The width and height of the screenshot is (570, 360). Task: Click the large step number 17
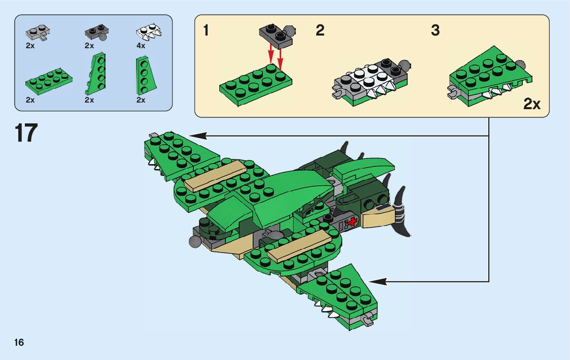click(26, 133)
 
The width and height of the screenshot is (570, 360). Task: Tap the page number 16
click(19, 342)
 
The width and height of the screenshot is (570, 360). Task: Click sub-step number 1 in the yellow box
click(206, 30)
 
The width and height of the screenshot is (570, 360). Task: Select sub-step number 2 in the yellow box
click(320, 30)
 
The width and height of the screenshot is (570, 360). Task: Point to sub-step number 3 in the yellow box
click(435, 30)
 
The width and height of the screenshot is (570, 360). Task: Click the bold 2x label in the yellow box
click(532, 105)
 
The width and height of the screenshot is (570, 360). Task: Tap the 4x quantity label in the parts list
click(141, 46)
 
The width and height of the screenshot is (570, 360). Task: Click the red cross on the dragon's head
click(351, 221)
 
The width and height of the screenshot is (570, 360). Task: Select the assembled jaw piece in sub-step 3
click(490, 76)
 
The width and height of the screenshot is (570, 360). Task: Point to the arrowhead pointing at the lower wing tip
click(376, 281)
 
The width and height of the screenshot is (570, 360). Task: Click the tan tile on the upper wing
click(215, 175)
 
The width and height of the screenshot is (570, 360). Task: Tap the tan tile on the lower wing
click(299, 246)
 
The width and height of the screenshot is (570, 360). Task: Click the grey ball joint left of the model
click(195, 242)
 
